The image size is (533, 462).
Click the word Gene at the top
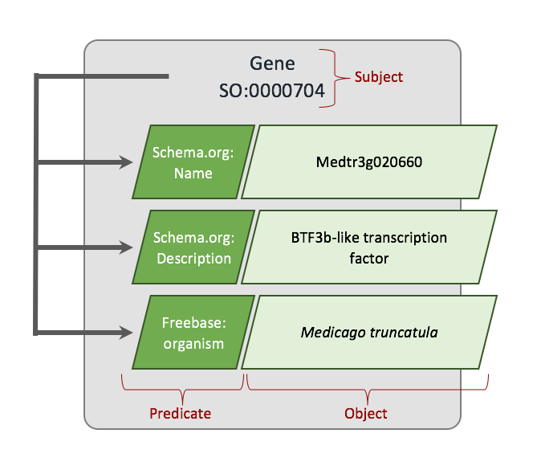(x=273, y=63)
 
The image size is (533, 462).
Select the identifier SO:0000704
(x=272, y=92)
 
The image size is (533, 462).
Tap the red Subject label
(x=379, y=77)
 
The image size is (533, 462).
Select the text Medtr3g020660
(x=369, y=162)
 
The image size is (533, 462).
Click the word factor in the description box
(x=369, y=258)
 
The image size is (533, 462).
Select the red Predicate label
(x=181, y=414)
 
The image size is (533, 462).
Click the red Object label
(x=365, y=414)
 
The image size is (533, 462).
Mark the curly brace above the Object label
(x=365, y=390)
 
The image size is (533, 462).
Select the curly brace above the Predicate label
(x=182, y=390)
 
